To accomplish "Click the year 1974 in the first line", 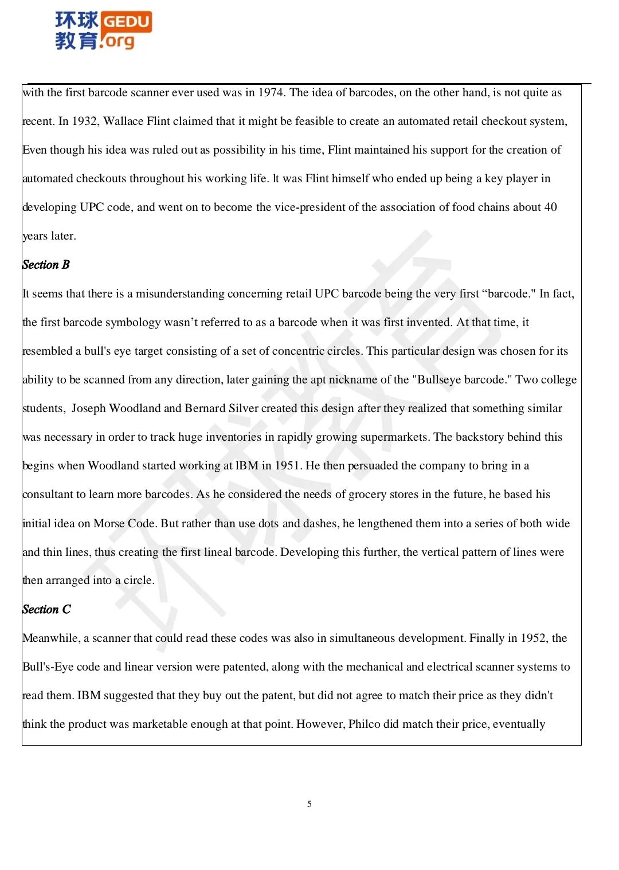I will [271, 93].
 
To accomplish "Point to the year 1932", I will [86, 122].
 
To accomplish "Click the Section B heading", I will [46, 265].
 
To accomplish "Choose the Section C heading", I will [46, 609].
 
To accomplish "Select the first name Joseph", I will [89, 409].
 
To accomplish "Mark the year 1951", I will [288, 466].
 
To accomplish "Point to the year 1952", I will [534, 638].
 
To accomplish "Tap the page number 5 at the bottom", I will [309, 804].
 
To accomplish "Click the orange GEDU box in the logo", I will [126, 22].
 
